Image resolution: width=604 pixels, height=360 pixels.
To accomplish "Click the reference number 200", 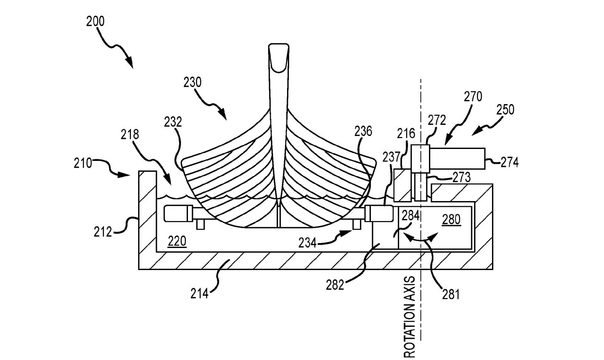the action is click(x=95, y=21).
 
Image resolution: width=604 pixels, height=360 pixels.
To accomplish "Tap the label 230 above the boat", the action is click(x=192, y=82).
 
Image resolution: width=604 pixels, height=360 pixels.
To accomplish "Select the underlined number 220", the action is click(x=177, y=241).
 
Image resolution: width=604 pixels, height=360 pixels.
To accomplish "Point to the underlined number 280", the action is click(x=451, y=219).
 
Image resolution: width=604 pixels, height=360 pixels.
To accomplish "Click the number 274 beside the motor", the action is click(x=510, y=162).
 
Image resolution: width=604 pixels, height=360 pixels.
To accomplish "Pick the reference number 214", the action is click(x=200, y=294).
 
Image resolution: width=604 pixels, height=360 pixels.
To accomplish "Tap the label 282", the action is click(x=335, y=285).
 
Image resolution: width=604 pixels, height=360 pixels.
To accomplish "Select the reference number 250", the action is click(x=505, y=110).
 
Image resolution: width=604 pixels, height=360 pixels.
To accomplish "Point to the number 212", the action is click(x=103, y=232).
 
